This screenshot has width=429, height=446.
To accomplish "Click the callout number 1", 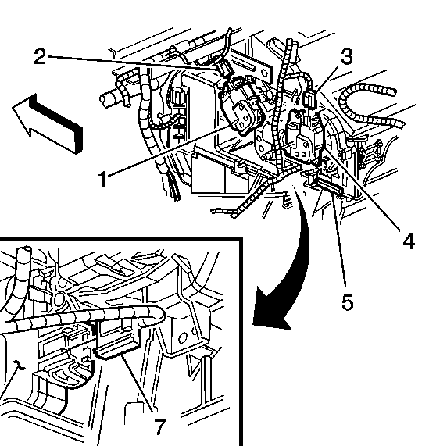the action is point(102,179).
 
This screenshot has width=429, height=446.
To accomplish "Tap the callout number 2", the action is point(40,56).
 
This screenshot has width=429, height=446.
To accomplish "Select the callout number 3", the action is point(346,56).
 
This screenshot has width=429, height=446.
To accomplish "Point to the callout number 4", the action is point(409,241).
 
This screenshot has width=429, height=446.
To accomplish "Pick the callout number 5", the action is point(348,301).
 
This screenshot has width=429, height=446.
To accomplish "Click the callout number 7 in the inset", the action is point(159,426).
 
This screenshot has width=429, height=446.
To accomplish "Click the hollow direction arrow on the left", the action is point(48,123).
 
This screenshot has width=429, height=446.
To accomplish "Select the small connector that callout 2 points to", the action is point(223,69).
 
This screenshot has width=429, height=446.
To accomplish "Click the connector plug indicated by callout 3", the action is point(310,98).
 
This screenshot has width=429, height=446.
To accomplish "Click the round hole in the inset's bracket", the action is point(182,338).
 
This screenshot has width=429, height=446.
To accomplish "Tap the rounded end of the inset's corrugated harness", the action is point(159,314).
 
